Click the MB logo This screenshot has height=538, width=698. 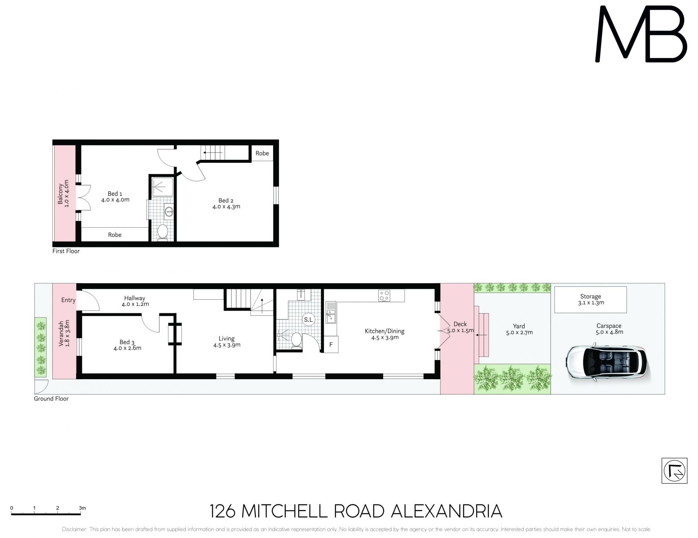(641, 35)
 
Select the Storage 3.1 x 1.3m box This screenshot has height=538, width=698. (590, 300)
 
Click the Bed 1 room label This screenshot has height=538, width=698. (115, 197)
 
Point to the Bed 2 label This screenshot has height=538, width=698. (226, 203)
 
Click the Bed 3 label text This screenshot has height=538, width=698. (127, 345)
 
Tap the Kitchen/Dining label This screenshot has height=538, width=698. (385, 334)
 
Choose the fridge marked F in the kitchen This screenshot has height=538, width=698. (331, 344)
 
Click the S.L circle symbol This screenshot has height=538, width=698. (308, 320)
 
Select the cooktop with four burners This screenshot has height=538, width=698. (384, 295)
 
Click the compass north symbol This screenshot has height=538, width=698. (674, 471)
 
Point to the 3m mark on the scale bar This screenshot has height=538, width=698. (82, 508)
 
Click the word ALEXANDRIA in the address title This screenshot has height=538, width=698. (446, 511)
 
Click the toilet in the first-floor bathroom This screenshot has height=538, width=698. (163, 232)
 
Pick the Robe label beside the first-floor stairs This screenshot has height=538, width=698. (262, 153)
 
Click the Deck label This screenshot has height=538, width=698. (460, 324)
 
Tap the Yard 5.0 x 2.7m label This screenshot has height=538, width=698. (519, 329)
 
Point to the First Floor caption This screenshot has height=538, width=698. (66, 251)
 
